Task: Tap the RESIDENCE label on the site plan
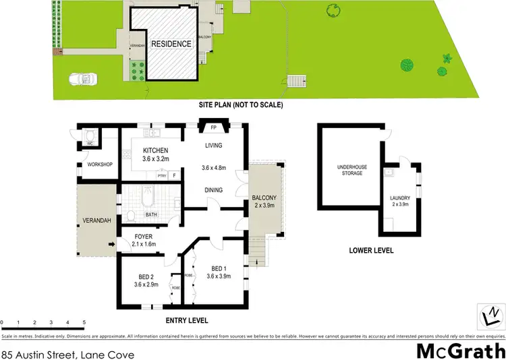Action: click(x=171, y=44)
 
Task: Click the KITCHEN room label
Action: click(x=155, y=150)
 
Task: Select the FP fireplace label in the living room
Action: click(x=213, y=127)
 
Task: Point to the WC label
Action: click(x=89, y=144)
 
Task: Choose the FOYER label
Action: click(x=143, y=236)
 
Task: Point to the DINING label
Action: click(x=213, y=190)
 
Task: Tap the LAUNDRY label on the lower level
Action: click(x=400, y=198)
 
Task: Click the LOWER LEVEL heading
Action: click(x=371, y=251)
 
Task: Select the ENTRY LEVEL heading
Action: click(x=187, y=320)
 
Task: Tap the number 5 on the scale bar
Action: click(x=84, y=323)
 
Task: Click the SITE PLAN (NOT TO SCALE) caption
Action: click(x=240, y=105)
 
